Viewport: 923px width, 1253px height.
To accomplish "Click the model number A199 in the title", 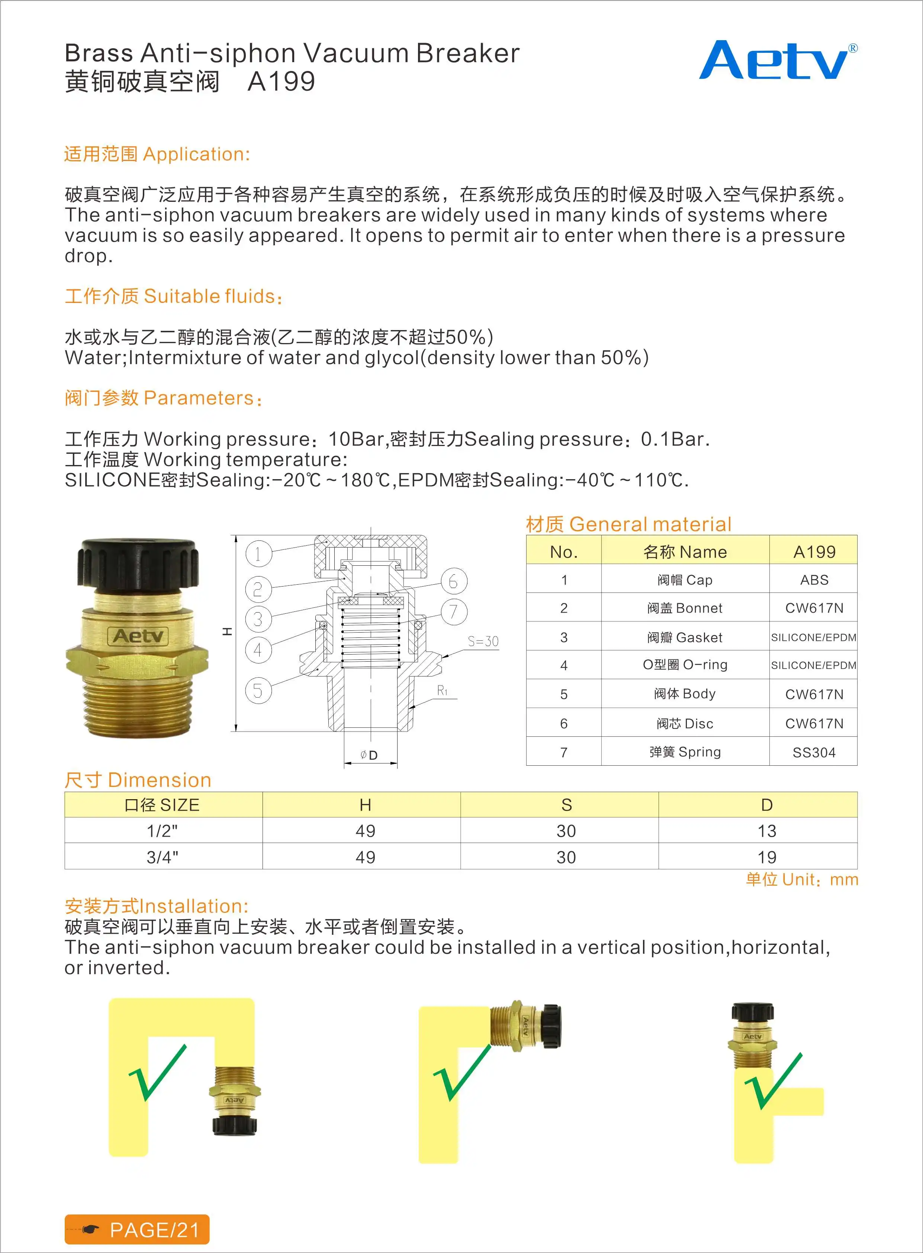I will click(281, 81).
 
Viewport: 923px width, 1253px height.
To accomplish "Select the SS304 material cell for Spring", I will click(814, 752).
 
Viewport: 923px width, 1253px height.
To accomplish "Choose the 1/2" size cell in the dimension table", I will click(162, 831).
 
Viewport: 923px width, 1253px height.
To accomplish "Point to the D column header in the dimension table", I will click(766, 805).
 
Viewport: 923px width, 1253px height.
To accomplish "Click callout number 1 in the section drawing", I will click(258, 554).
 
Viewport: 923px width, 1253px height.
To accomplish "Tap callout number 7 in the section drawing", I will click(454, 611).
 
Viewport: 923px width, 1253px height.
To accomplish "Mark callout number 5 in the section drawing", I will click(258, 691).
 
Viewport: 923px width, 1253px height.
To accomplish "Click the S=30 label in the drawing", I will click(483, 641).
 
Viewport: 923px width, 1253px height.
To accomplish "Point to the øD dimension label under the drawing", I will click(369, 755).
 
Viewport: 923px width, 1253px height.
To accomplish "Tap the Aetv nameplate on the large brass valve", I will click(138, 636).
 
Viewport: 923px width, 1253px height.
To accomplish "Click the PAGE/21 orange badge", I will click(137, 1230).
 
